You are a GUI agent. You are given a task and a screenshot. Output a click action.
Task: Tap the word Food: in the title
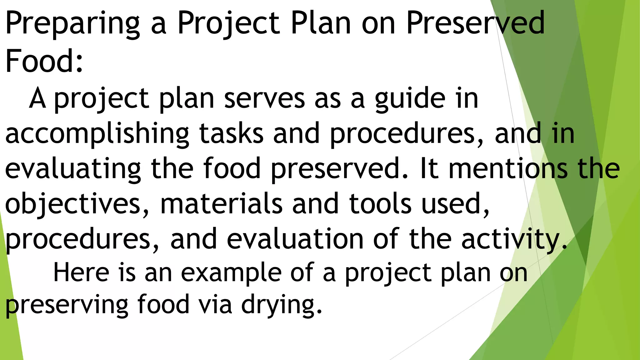coord(44,60)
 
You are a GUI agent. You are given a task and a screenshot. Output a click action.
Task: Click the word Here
coord(81,272)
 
